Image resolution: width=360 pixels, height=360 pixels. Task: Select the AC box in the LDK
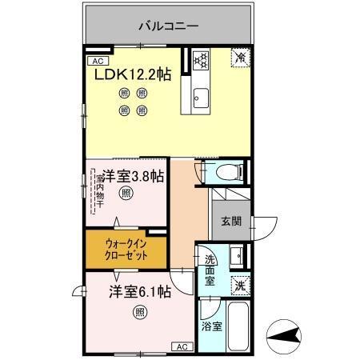[x=97, y=61]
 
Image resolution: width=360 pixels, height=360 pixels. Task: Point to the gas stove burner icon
[x=201, y=59]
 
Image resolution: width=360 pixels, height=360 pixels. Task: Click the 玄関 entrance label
[x=231, y=220]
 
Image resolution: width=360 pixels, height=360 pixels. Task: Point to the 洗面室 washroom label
[x=209, y=270]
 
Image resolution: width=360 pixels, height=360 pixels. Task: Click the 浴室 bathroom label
[x=211, y=326]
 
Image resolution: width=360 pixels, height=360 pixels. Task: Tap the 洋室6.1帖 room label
[x=141, y=292]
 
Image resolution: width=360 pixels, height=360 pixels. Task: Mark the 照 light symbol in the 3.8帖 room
[x=126, y=194]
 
